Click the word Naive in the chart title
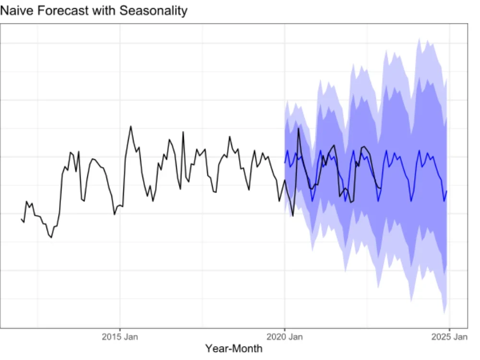point(14,11)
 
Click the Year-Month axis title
point(234,348)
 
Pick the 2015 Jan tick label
point(120,336)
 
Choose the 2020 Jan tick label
point(285,336)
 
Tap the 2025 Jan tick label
point(449,336)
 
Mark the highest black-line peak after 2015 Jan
point(131,126)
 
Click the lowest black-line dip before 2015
point(51,237)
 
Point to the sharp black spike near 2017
point(183,132)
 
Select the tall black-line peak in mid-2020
point(299,128)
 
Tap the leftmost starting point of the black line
point(21,219)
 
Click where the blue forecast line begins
point(285,163)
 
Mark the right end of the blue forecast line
point(447,191)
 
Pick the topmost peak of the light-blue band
point(419,38)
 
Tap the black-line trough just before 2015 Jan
point(114,214)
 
